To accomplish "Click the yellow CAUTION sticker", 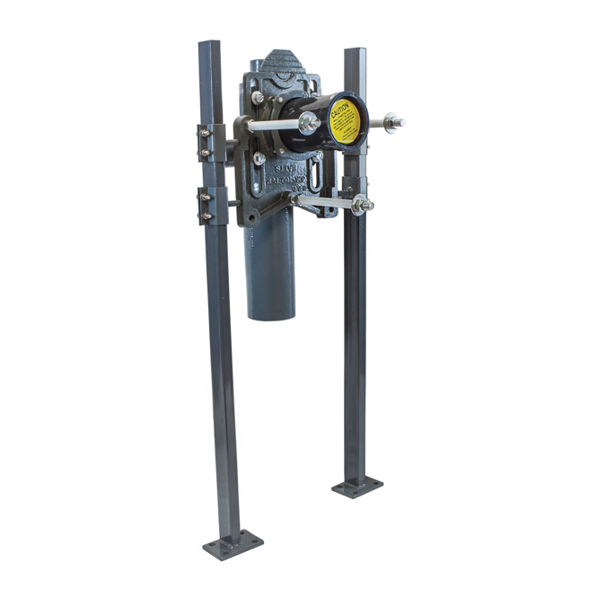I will point(345,122).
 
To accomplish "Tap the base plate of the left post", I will point(233,543).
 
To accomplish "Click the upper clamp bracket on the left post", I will point(206,143).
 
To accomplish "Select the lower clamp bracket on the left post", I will point(206,206).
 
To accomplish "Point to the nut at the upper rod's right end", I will point(391,120).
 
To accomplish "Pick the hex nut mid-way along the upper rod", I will point(308,124).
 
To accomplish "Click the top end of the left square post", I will point(208,45).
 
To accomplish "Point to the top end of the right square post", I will point(354,52).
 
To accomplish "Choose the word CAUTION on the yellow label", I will point(340,112).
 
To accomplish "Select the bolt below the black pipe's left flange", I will point(260,159).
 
